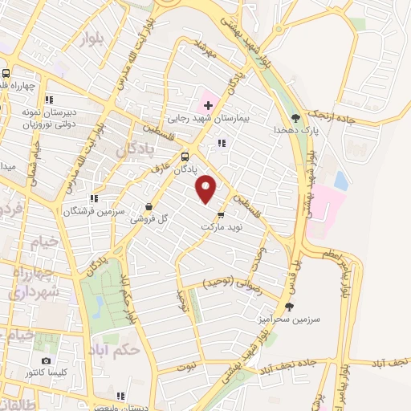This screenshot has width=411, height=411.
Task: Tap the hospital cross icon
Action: click(x=207, y=105)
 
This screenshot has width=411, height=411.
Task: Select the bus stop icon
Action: click(x=185, y=157)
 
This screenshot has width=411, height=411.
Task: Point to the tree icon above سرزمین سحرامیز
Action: click(x=289, y=306)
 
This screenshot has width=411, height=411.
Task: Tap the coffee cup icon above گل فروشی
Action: click(x=149, y=205)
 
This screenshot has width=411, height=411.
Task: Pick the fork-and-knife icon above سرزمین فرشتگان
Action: click(x=94, y=198)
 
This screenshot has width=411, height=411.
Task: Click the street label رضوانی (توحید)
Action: click(x=230, y=283)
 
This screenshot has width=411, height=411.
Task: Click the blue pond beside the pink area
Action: click(x=340, y=180)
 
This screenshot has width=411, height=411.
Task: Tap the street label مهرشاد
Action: click(x=207, y=50)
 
